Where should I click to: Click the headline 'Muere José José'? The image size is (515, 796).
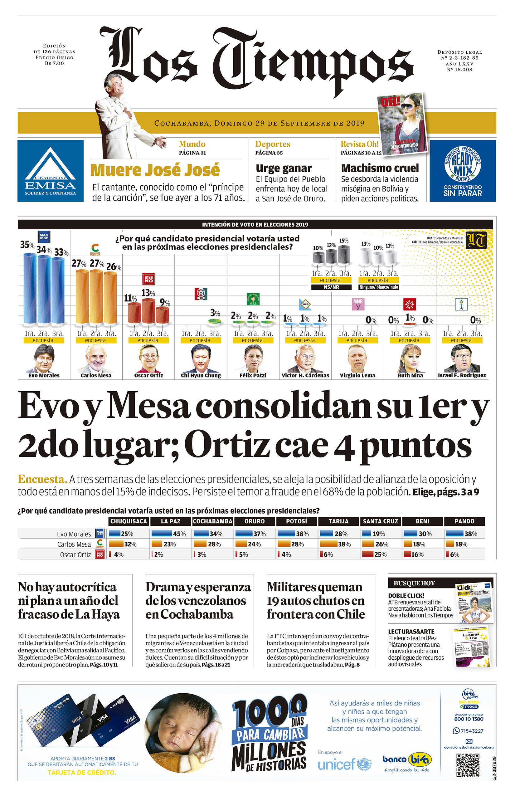[155, 170]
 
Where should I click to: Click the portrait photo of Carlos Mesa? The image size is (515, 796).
[96, 359]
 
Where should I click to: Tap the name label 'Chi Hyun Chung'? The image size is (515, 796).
[201, 375]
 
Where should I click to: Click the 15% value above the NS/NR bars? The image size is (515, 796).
[344, 241]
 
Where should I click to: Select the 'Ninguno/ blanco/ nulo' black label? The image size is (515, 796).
[379, 287]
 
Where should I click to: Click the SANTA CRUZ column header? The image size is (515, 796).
[380, 521]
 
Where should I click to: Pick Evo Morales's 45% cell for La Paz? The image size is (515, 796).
[171, 534]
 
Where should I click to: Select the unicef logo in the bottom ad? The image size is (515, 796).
[344, 764]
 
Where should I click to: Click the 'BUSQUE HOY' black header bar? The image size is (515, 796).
[421, 583]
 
